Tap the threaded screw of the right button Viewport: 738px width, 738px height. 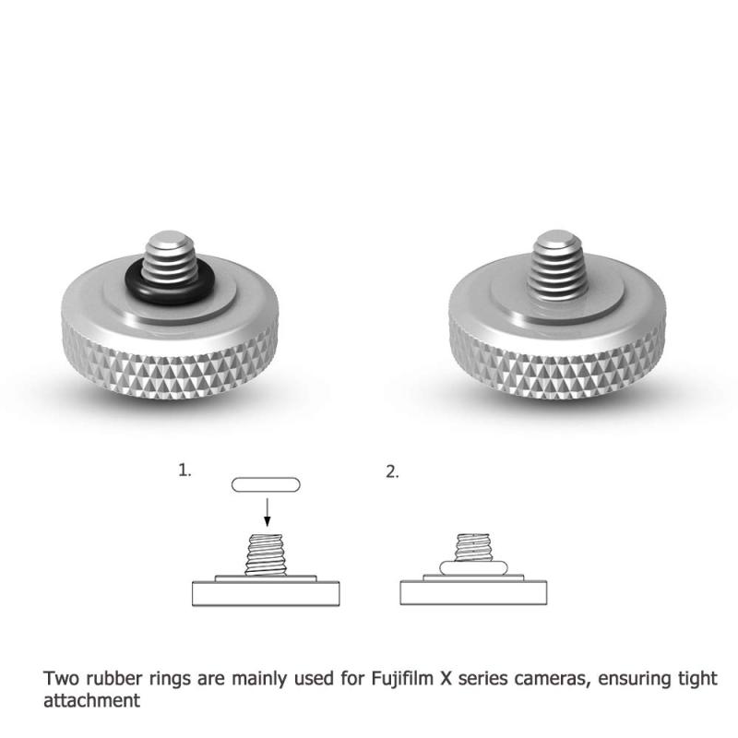click(556, 265)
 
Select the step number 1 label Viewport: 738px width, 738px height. click(184, 470)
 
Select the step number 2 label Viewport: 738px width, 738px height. click(391, 471)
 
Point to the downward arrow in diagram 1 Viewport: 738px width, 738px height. click(267, 512)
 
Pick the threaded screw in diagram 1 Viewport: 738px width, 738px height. click(266, 554)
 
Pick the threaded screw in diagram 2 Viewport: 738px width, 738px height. click(473, 547)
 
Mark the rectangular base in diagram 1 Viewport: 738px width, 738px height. click(266, 593)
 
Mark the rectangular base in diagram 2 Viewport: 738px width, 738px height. click(473, 592)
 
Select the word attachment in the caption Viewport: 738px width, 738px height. click(91, 700)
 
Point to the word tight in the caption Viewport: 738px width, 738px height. click(697, 679)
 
